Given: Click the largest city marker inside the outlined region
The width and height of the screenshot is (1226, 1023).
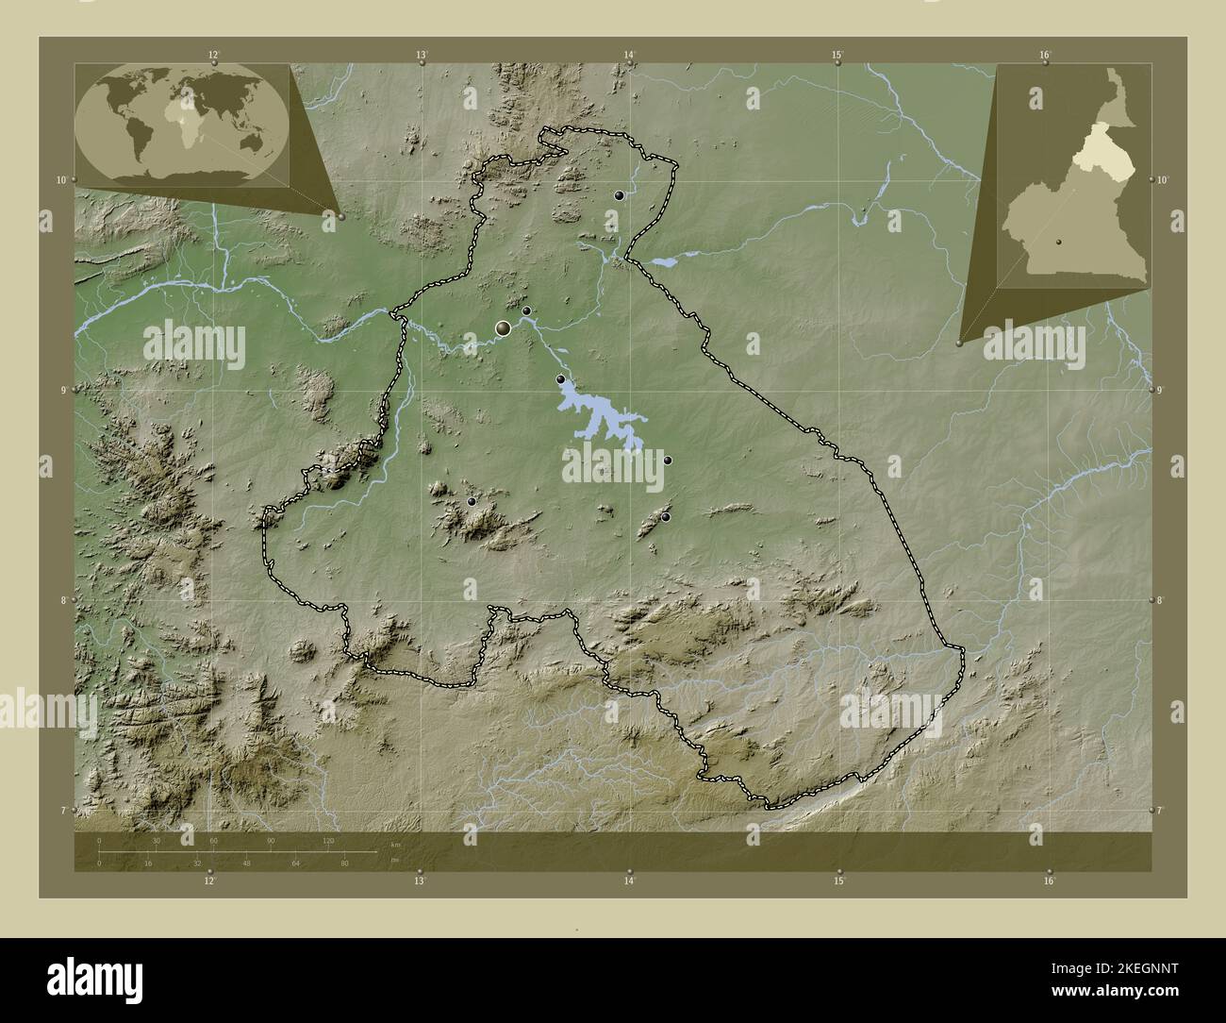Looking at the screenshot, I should pos(504,327).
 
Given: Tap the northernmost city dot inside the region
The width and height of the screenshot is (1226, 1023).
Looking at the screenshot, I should pos(619,195).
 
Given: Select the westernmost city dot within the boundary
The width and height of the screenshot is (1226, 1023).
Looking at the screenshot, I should pos(472,502).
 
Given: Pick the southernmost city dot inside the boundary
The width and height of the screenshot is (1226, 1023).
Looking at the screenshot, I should pos(666,517).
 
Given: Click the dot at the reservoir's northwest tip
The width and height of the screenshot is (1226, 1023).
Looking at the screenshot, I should pos(560,379).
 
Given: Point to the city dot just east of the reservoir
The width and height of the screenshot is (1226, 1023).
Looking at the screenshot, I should pos(668,461).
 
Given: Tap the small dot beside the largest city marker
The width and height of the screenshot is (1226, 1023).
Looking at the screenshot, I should pos(526,310).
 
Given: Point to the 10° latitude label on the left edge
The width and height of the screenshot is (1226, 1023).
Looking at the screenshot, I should pos(61,179).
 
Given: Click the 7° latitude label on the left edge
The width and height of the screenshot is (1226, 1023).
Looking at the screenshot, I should pos(61,810).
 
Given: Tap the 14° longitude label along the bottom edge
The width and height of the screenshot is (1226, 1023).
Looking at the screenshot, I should pos(629,880).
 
